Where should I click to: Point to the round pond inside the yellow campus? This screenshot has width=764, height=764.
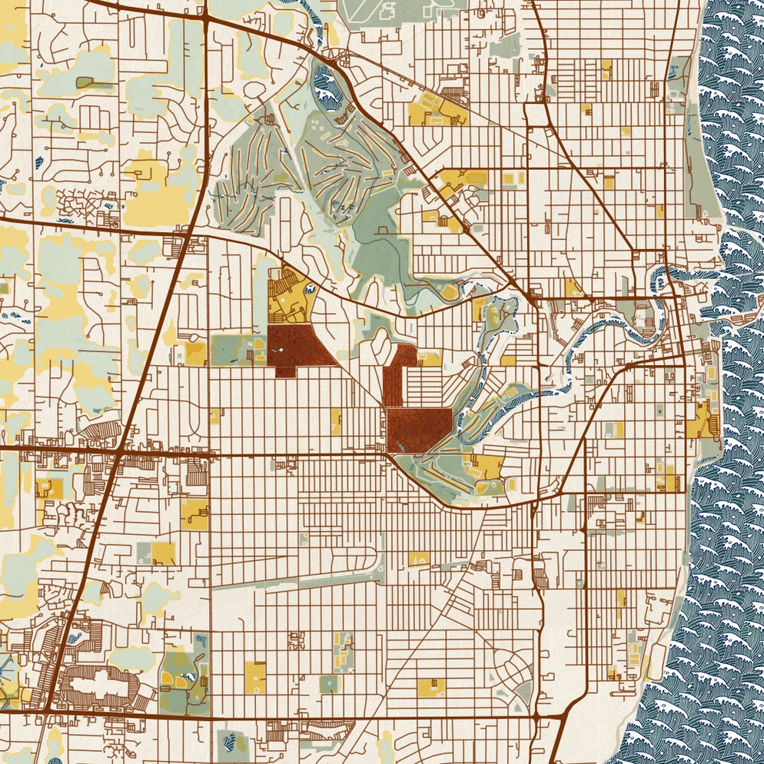coord(310,289)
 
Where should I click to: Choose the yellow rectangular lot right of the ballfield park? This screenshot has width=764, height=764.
coord(255,677)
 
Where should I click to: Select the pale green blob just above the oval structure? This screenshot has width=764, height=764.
coord(131,659)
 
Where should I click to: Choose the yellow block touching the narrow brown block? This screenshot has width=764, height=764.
coord(427,359)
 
